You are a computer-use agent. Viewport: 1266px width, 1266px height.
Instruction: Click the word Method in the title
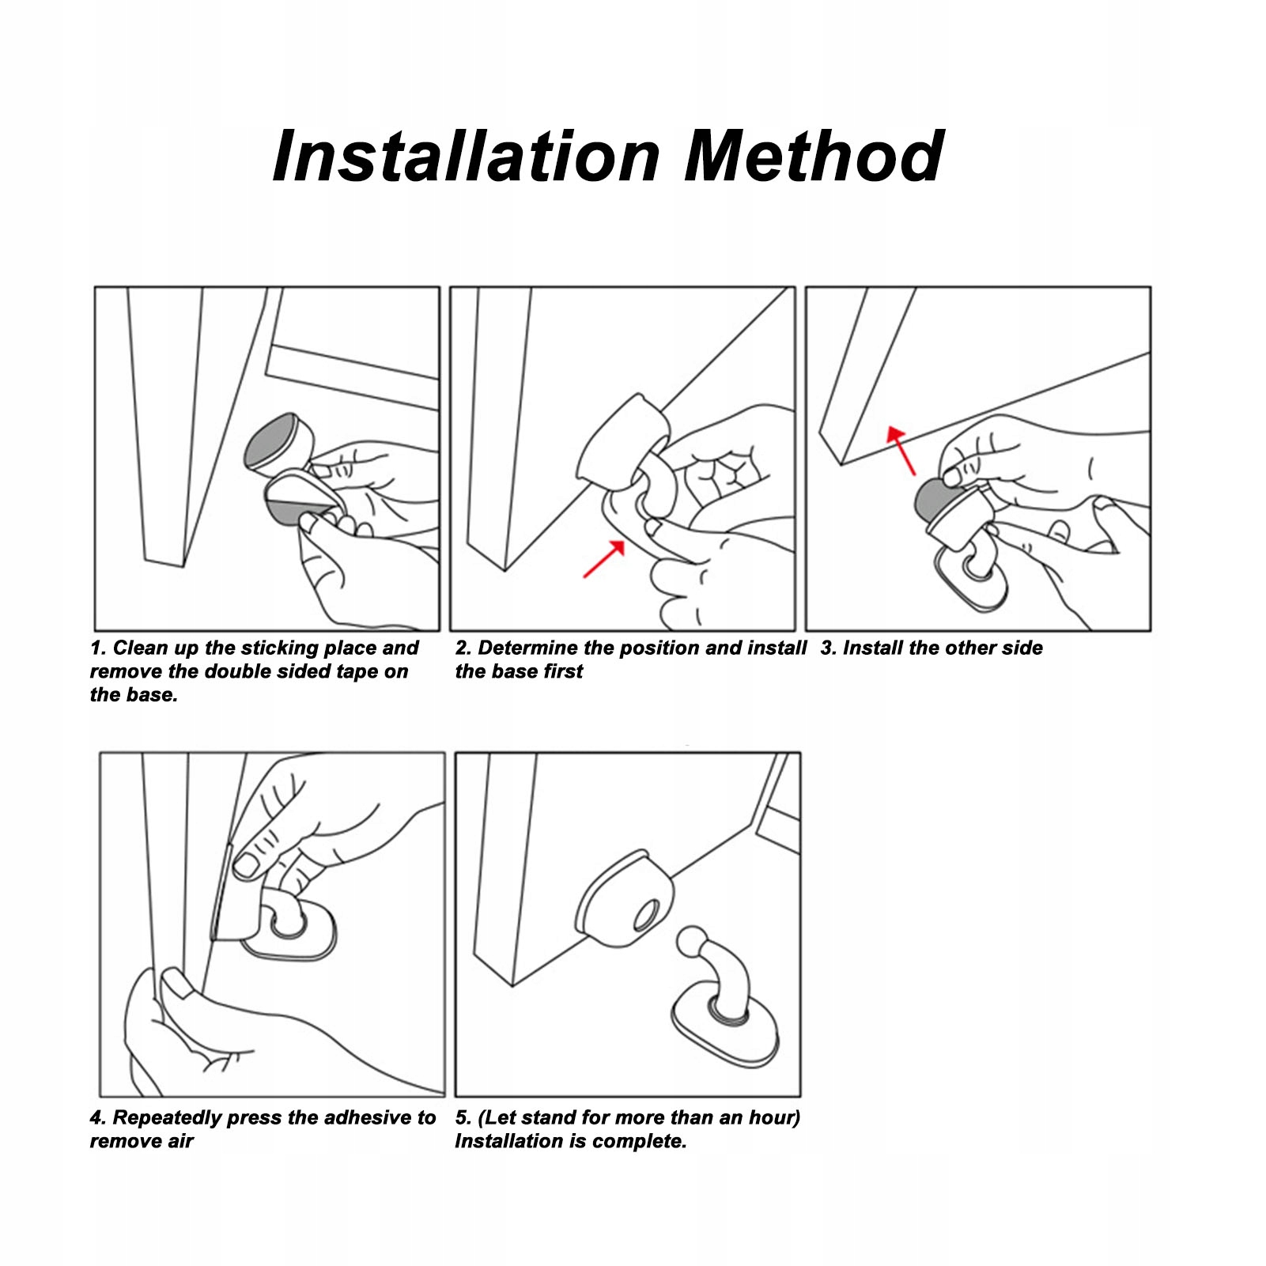point(814,156)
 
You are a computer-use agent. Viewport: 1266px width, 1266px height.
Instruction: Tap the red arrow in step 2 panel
point(603,558)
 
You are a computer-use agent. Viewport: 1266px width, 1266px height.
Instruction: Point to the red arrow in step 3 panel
point(901,450)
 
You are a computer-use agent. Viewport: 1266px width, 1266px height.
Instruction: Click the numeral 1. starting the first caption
point(98,648)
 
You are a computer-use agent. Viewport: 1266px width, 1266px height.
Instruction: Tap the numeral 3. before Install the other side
point(829,648)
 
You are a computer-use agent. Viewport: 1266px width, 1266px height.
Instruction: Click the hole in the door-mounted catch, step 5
point(645,915)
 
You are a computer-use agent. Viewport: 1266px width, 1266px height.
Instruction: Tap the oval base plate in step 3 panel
point(972,576)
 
